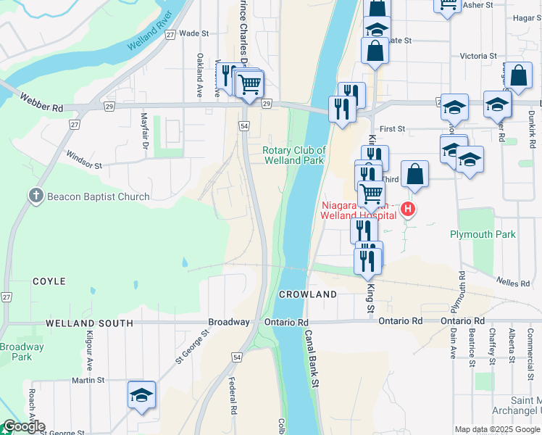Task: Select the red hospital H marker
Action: click(x=408, y=210)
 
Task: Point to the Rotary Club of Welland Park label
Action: click(x=293, y=155)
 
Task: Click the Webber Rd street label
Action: click(x=42, y=102)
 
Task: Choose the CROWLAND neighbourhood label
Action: click(x=308, y=294)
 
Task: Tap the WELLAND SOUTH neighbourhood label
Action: click(x=89, y=323)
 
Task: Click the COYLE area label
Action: click(x=49, y=281)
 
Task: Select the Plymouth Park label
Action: click(x=483, y=234)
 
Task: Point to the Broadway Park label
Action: click(x=21, y=352)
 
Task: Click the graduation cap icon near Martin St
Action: click(x=142, y=395)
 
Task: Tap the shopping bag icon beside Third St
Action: click(x=414, y=174)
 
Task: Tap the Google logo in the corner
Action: click(x=23, y=426)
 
